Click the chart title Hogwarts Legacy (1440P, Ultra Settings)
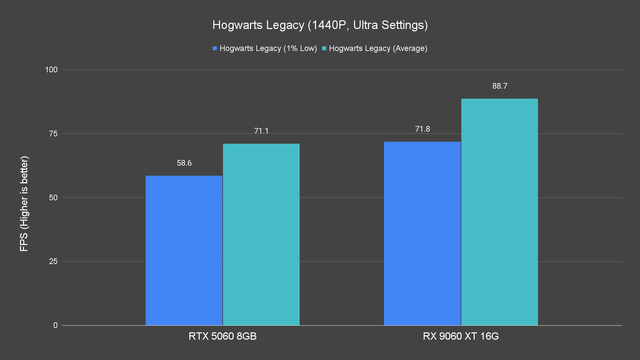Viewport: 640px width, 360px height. (320, 25)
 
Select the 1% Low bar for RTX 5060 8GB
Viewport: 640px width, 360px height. (184, 250)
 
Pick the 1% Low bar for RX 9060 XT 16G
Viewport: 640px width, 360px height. (422, 233)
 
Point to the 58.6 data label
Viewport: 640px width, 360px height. (184, 163)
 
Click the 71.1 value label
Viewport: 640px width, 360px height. (261, 131)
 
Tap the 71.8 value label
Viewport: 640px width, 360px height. (422, 129)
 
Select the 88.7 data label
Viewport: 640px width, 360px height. (500, 86)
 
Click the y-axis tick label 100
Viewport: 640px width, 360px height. (51, 70)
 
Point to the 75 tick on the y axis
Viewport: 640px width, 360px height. (53, 134)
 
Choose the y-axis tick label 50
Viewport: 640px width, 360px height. (53, 198)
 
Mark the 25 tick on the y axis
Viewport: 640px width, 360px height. (53, 261)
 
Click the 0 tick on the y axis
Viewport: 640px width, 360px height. (55, 325)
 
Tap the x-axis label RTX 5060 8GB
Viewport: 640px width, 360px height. (222, 336)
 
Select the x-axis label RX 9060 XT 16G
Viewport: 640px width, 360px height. (461, 336)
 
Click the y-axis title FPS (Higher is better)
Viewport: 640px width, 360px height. (24, 203)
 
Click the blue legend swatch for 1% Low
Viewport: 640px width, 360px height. (215, 48)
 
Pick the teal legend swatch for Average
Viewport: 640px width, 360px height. (324, 48)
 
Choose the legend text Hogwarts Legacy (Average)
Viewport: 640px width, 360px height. (378, 48)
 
